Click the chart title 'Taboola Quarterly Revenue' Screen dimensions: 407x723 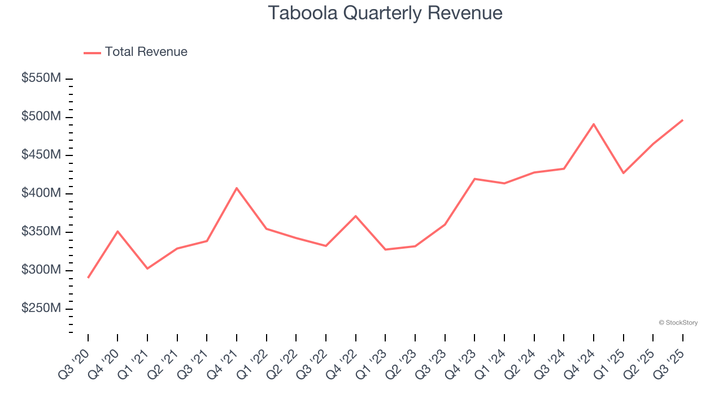point(385,12)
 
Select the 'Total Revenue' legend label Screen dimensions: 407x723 point(146,52)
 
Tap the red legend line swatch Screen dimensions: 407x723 point(92,53)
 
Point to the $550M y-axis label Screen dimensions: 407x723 point(41,79)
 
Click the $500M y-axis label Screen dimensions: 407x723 point(41,117)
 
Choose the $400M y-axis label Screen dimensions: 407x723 point(41,193)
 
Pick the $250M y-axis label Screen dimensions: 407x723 point(41,309)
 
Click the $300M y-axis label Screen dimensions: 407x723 point(41,270)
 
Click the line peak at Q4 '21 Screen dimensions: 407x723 point(237,188)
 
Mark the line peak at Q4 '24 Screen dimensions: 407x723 point(594,124)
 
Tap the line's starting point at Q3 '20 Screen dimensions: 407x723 point(88,278)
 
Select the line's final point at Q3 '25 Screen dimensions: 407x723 point(682,120)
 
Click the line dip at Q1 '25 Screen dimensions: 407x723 point(623,173)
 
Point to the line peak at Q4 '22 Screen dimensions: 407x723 point(355,216)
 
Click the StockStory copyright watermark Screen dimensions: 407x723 point(678,323)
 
